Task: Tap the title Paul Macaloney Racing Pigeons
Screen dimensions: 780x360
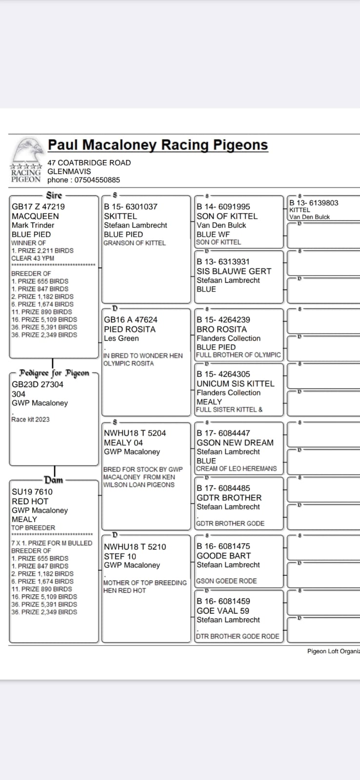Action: pos(158,145)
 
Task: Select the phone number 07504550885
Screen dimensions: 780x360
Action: pos(97,180)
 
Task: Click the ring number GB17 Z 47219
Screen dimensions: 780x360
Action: pos(38,207)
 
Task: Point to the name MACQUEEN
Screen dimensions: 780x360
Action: pos(35,216)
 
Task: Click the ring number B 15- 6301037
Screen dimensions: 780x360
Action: pos(131,207)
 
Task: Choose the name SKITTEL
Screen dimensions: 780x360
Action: pos(120,216)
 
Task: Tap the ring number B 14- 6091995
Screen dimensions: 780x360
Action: pos(223,207)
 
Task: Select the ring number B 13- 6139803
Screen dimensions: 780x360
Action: pos(314,203)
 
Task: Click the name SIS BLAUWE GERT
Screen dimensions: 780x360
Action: pos(234,271)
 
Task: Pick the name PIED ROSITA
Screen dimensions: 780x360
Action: pos(130,329)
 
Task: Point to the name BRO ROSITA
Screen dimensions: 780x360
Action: pos(221,329)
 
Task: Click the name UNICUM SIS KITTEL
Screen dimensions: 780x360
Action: pos(236,384)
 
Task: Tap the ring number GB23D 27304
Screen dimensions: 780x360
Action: pos(38,384)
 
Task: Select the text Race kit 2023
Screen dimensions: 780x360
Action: pos(31,419)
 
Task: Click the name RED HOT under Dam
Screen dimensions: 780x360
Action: pos(30,501)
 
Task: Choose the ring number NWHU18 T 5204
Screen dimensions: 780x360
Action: pos(135,433)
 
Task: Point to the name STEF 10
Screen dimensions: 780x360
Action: pos(120,556)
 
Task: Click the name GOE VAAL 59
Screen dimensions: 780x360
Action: pos(223,610)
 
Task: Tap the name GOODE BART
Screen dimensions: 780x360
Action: pos(224,556)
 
